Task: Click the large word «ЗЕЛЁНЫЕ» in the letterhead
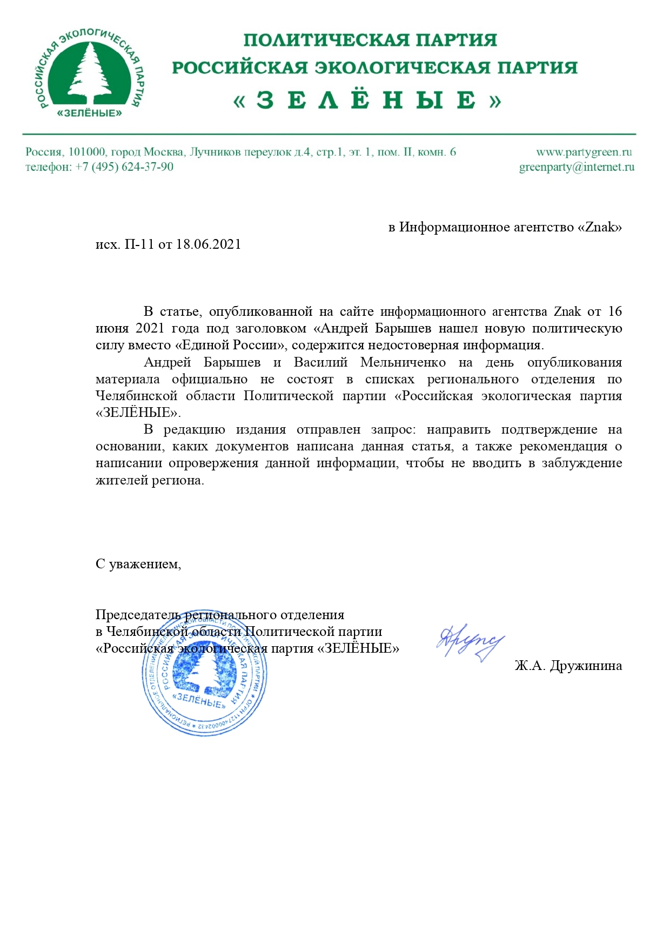pyautogui.click(x=367, y=101)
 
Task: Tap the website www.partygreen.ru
pyautogui.click(x=584, y=152)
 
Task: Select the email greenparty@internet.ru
pyautogui.click(x=577, y=167)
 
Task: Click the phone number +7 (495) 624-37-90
pyautogui.click(x=124, y=167)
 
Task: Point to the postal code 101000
pyautogui.click(x=87, y=152)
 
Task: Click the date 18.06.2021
pyautogui.click(x=209, y=244)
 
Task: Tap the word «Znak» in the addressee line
pyautogui.click(x=600, y=227)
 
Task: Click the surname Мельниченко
pyautogui.click(x=403, y=362)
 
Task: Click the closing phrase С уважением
pyautogui.click(x=138, y=564)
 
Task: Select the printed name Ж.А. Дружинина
pyautogui.click(x=568, y=666)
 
